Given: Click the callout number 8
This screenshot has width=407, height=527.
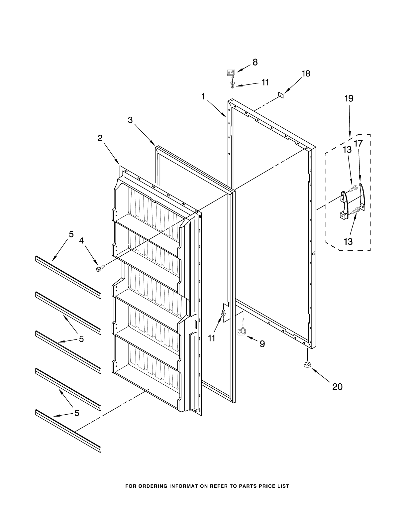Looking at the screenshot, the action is pyautogui.click(x=255, y=62).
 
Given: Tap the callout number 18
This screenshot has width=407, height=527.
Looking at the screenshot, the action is pyautogui.click(x=306, y=73).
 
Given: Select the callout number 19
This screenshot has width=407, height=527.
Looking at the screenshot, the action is pyautogui.click(x=349, y=98).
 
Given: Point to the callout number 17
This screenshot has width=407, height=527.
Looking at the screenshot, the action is pyautogui.click(x=358, y=143).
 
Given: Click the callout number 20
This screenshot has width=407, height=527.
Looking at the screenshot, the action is pyautogui.click(x=337, y=387).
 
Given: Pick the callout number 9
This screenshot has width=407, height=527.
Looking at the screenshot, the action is pyautogui.click(x=262, y=344).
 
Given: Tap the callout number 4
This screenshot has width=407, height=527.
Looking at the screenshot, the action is pyautogui.click(x=81, y=241).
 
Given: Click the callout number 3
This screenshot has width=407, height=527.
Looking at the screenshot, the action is pyautogui.click(x=130, y=120).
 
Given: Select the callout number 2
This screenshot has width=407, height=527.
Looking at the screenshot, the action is pyautogui.click(x=100, y=138).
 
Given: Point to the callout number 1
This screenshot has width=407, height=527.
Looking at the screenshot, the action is pyautogui.click(x=203, y=96).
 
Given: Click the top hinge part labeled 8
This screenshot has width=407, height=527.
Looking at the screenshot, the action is pyautogui.click(x=231, y=73).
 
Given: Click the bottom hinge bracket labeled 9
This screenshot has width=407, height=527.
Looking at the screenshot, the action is pyautogui.click(x=242, y=331).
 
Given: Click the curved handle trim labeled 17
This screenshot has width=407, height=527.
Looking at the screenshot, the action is pyautogui.click(x=362, y=197).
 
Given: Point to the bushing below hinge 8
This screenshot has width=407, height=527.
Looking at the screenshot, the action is pyautogui.click(x=232, y=84).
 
